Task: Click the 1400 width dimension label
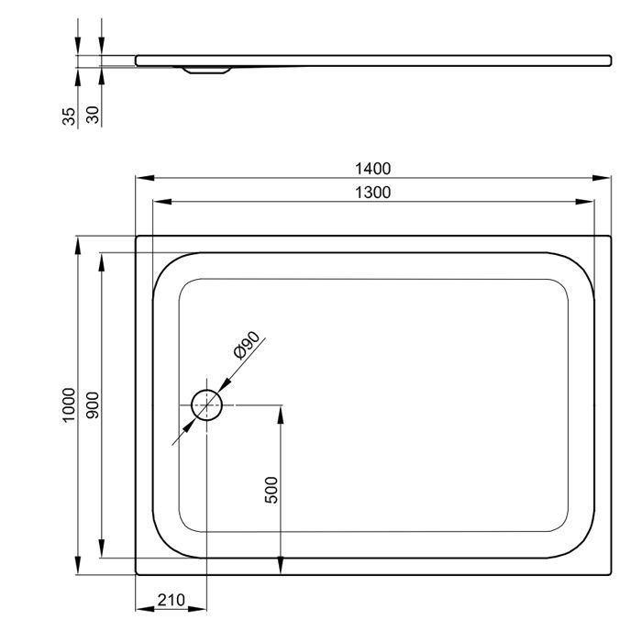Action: coord(372,169)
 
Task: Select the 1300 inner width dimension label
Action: coord(372,193)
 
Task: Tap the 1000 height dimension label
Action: coord(69,405)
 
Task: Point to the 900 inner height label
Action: coord(93,405)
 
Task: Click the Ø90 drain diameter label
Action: coord(246,345)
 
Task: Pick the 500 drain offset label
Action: coord(271,490)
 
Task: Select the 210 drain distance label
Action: coord(172,600)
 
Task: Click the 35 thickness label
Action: coord(69,116)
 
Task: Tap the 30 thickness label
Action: coord(93,115)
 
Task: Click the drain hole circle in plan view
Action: coord(206,390)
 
